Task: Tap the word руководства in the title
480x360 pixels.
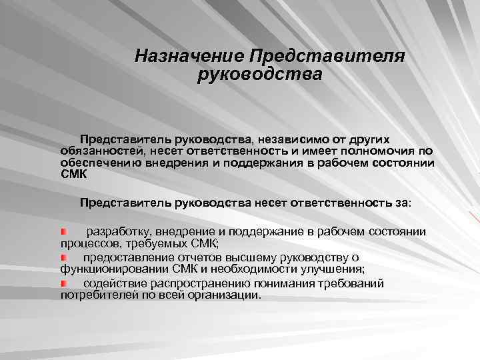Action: coord(259,73)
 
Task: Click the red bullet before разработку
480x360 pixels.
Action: coord(63,231)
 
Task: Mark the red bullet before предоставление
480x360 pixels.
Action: coord(63,257)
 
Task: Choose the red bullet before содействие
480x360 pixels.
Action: coord(63,283)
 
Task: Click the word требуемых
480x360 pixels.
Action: coord(145,243)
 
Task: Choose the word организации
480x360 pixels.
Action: coord(225,295)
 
